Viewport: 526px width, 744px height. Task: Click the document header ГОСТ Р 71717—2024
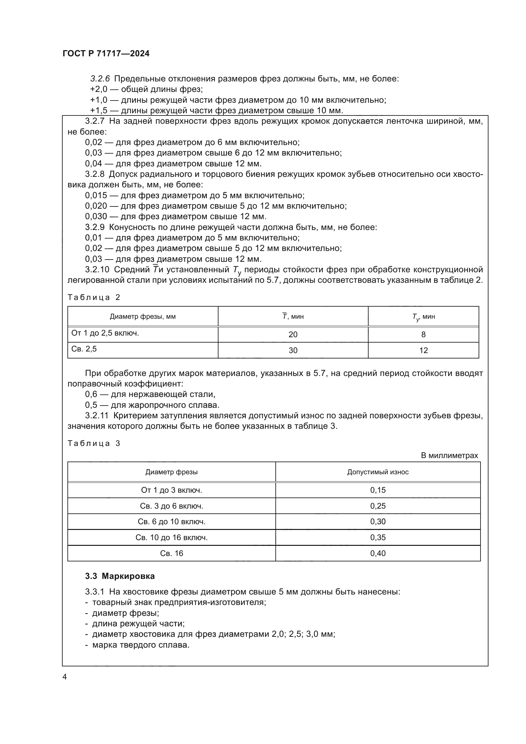point(106,53)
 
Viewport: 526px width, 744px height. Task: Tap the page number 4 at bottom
point(65,677)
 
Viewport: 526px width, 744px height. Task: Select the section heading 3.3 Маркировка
point(120,576)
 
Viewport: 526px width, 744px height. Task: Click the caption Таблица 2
point(93,297)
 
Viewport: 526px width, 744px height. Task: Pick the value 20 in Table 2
point(293,334)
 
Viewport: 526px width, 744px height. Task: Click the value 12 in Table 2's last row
point(423,350)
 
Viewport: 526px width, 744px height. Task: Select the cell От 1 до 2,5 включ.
point(105,333)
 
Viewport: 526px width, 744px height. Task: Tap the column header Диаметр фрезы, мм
point(142,316)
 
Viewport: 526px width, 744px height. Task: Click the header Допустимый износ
point(378,472)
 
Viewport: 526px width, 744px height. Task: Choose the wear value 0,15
point(378,490)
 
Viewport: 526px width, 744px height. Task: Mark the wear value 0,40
point(378,553)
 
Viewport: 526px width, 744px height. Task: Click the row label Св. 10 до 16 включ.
point(171,537)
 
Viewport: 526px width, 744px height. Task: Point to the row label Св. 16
point(171,553)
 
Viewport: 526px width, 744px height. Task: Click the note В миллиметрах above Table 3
point(449,455)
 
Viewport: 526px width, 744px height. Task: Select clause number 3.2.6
point(100,79)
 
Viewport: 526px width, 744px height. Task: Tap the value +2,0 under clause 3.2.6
point(99,89)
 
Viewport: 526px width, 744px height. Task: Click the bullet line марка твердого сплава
point(141,644)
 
